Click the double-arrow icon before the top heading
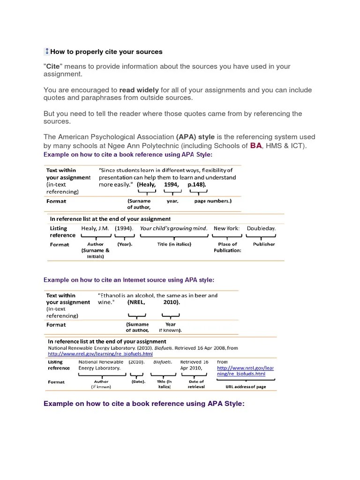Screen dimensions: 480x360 47,52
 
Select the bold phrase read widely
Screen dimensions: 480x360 139,90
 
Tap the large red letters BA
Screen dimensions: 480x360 256,146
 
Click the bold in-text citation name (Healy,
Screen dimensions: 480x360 146,185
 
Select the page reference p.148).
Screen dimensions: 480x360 196,185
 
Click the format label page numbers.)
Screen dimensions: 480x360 212,201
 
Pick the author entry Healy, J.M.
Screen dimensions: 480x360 95,228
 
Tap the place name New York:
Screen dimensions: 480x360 226,228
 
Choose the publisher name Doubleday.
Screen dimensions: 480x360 261,228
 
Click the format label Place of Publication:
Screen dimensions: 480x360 227,247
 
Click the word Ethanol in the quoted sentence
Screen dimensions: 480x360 112,295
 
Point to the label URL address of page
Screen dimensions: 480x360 246,387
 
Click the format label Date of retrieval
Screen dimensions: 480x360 196,384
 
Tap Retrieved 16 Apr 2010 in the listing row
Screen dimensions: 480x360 195,365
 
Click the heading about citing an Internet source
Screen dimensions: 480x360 129,280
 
